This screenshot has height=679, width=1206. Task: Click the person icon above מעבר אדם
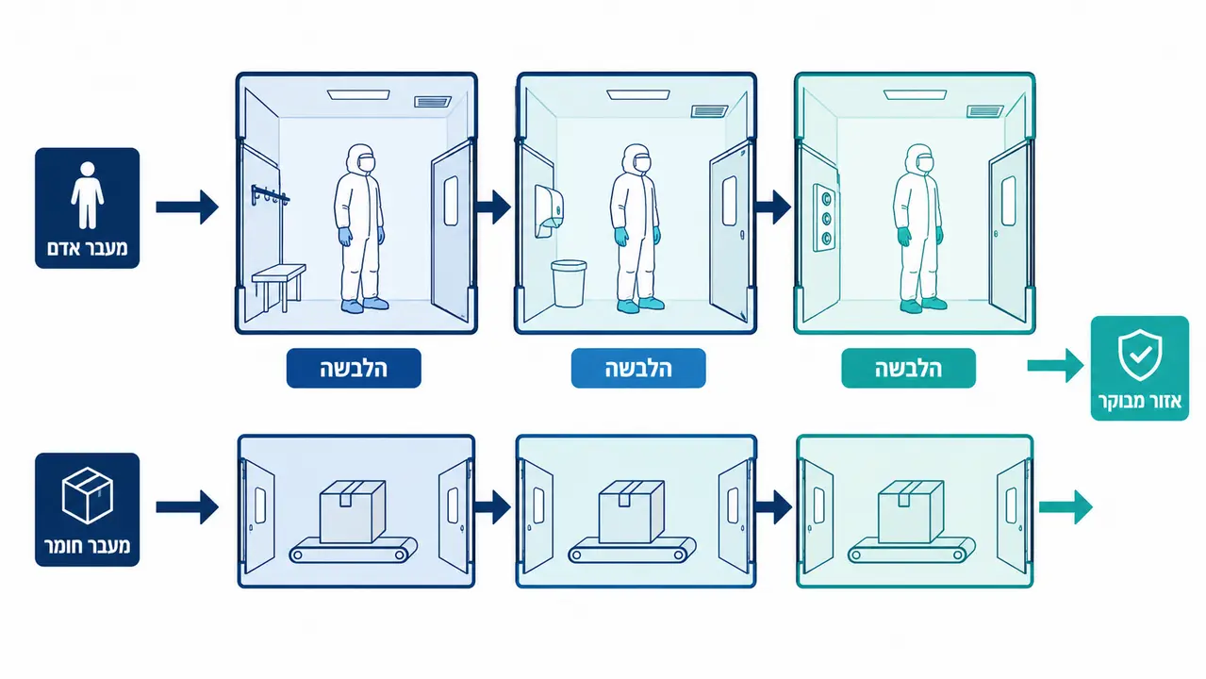pyautogui.click(x=87, y=195)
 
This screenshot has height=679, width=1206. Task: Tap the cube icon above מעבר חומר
pyautogui.click(x=87, y=495)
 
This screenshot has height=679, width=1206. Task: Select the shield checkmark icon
pyautogui.click(x=1139, y=355)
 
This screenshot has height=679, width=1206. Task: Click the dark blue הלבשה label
pyautogui.click(x=354, y=369)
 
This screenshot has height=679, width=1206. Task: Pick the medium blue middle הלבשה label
pyautogui.click(x=638, y=369)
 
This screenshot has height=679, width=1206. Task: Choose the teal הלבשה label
pyautogui.click(x=908, y=369)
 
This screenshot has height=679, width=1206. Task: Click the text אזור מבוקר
pyautogui.click(x=1140, y=401)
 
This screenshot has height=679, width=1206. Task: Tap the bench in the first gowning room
pyautogui.click(x=279, y=287)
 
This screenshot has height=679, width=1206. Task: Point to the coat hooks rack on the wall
pyautogui.click(x=270, y=195)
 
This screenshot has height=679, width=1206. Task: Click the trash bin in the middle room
pyautogui.click(x=569, y=283)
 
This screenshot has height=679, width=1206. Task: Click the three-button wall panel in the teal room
pyautogui.click(x=825, y=218)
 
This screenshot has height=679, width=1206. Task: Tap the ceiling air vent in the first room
pyautogui.click(x=432, y=102)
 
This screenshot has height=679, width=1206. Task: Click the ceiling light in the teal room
pyautogui.click(x=915, y=94)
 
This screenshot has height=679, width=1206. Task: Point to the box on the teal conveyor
pyautogui.click(x=911, y=511)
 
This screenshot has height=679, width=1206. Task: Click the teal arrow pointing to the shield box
pyautogui.click(x=1055, y=366)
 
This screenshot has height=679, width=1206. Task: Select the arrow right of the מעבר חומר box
pyautogui.click(x=187, y=506)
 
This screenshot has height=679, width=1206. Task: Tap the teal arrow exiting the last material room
pyautogui.click(x=1066, y=506)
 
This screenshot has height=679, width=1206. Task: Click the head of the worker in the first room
pyautogui.click(x=361, y=158)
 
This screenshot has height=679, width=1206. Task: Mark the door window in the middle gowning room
pyautogui.click(x=730, y=201)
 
